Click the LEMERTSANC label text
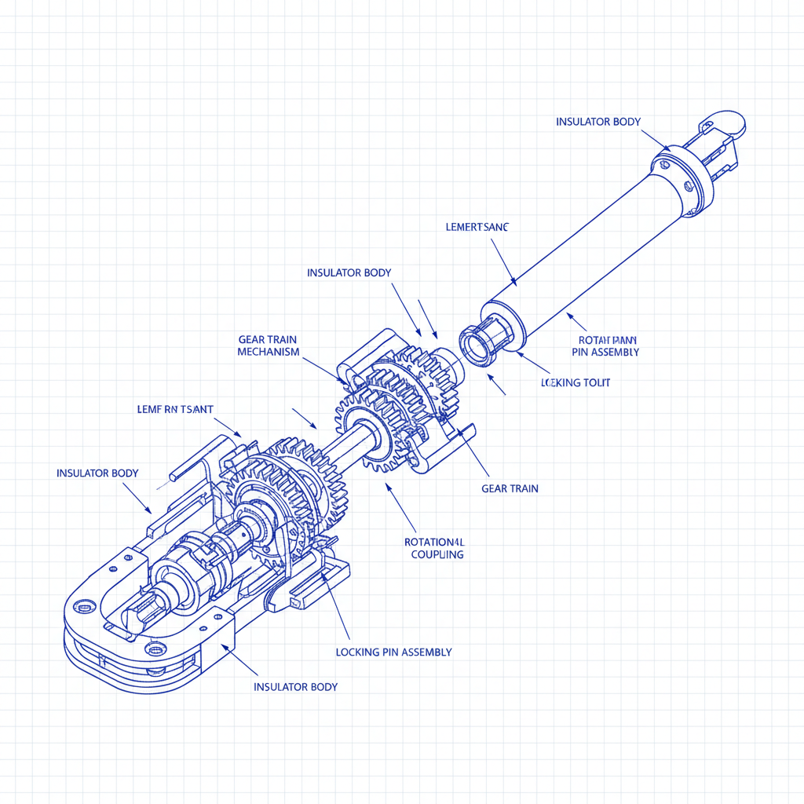[477, 227]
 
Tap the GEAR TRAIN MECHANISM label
[268, 345]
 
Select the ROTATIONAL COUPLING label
[434, 548]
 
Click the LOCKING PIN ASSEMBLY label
[393, 652]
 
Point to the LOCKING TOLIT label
[576, 382]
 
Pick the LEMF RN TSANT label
[175, 409]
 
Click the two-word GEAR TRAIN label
[510, 488]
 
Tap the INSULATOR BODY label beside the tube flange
[598, 122]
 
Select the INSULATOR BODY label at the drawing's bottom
[295, 686]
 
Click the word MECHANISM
[268, 352]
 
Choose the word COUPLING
[437, 554]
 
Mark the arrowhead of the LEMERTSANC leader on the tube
[513, 283]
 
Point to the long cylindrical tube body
[589, 251]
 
